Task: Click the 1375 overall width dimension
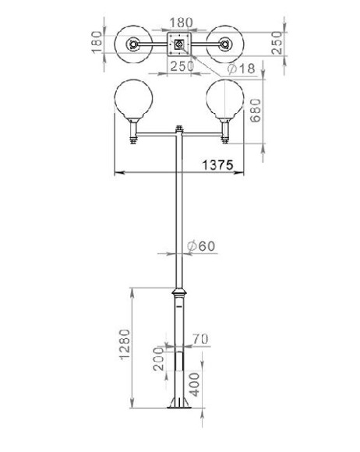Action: click(x=217, y=164)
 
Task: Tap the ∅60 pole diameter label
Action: click(x=201, y=246)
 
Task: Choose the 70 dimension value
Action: click(x=199, y=339)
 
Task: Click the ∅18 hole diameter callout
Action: click(x=242, y=69)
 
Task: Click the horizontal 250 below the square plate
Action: click(x=179, y=68)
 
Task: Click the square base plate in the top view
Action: click(x=179, y=44)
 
